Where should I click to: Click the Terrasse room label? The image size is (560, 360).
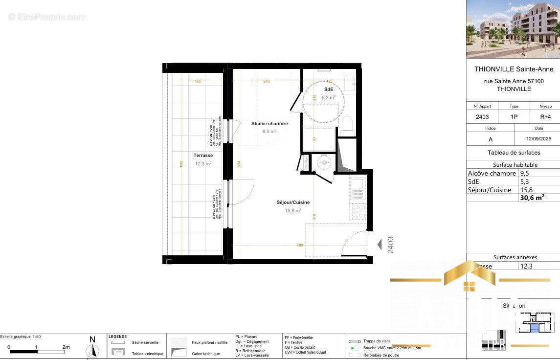tap(202, 156)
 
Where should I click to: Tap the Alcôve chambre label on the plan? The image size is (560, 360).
tap(269, 124)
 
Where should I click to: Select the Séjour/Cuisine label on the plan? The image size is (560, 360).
tap(293, 202)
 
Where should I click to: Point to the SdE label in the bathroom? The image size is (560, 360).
tap(329, 90)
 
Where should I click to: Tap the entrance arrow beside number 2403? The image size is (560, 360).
tap(379, 245)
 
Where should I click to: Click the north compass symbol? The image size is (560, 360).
tap(92, 350)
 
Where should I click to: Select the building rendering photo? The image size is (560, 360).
tap(513, 29)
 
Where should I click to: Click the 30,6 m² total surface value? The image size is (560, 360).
tap(532, 198)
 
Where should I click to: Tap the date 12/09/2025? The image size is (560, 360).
tap(538, 139)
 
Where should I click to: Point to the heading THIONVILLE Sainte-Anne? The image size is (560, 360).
tap(514, 69)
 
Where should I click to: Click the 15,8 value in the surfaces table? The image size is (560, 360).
tap(526, 190)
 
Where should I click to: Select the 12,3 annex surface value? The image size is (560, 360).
tap(526, 266)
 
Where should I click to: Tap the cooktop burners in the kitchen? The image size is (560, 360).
tap(358, 211)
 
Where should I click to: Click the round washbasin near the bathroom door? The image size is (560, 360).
tap(323, 162)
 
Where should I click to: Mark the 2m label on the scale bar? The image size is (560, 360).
tap(66, 347)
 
